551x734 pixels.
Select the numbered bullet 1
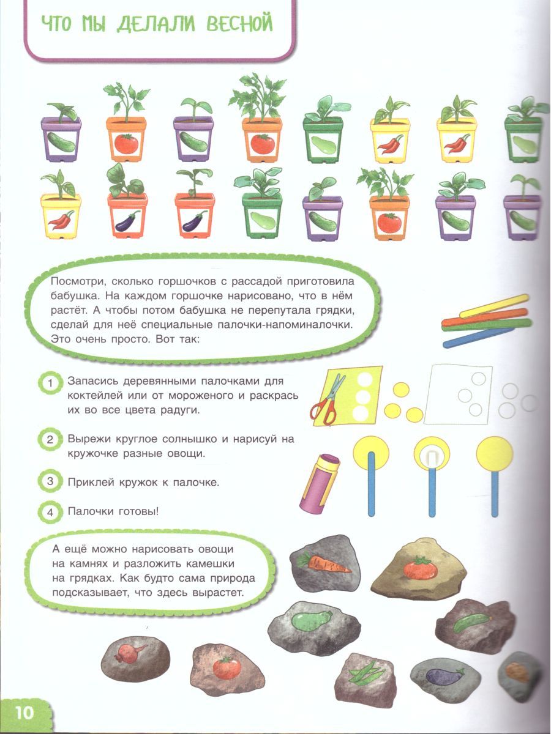click(50, 383)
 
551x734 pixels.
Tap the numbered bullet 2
click(50, 439)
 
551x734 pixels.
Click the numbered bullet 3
click(50, 481)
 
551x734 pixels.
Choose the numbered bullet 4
click(50, 512)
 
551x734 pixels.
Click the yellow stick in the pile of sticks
click(493, 306)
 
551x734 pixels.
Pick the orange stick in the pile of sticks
click(484, 317)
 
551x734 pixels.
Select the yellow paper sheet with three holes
click(347, 396)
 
